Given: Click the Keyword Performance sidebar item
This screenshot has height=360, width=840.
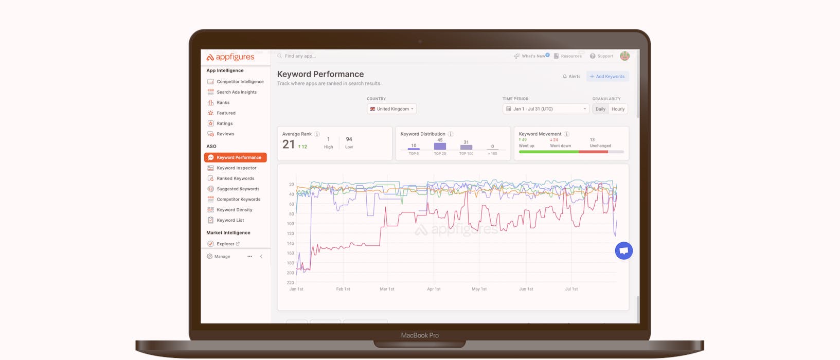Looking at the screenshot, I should [x=236, y=157].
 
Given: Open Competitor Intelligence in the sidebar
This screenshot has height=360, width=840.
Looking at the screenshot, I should [x=240, y=82].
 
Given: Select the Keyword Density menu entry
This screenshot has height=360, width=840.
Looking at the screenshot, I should [x=234, y=210].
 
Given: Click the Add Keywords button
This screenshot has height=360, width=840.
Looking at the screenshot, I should [x=607, y=77].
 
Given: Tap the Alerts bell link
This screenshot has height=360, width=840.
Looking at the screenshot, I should [x=571, y=77].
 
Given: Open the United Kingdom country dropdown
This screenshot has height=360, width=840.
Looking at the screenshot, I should [x=392, y=109].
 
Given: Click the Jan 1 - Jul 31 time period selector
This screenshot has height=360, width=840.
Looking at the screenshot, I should [x=545, y=109].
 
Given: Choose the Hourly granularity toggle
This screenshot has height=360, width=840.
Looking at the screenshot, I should [x=618, y=109].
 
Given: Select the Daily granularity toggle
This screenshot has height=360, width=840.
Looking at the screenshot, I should [x=600, y=109].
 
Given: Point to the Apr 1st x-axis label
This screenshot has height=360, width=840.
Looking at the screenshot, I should [x=434, y=289].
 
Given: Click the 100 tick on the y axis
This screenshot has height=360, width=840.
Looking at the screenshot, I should [x=290, y=224].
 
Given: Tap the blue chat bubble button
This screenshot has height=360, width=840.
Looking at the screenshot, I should [x=623, y=251].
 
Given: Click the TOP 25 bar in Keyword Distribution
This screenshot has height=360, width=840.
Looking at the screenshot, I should [x=440, y=147].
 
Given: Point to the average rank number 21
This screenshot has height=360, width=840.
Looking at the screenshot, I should [x=289, y=145].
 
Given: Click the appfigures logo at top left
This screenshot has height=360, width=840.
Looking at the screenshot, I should [x=230, y=57].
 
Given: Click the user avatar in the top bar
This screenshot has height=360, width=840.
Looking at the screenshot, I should [x=624, y=56].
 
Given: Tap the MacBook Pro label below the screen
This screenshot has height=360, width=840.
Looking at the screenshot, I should [x=420, y=335].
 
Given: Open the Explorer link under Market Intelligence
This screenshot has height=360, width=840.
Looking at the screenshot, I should [x=225, y=244].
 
